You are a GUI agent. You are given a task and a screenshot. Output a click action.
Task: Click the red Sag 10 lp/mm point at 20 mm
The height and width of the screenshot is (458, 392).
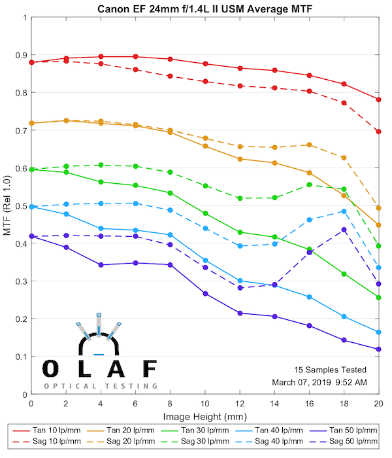[378, 132]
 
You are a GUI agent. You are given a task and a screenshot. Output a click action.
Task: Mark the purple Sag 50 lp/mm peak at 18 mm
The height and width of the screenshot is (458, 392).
[344, 230]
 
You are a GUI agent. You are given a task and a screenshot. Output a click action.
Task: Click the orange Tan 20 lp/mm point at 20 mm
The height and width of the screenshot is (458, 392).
[378, 225]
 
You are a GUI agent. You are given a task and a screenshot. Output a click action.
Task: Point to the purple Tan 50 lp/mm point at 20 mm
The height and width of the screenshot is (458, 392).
[378, 349]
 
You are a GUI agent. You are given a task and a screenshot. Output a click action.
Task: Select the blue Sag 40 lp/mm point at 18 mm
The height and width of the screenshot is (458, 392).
[344, 211]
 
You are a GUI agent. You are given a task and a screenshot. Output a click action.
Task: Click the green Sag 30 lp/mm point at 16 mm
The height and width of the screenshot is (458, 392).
[309, 185]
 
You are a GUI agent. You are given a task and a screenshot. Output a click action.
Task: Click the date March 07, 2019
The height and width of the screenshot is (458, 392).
[302, 381]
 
